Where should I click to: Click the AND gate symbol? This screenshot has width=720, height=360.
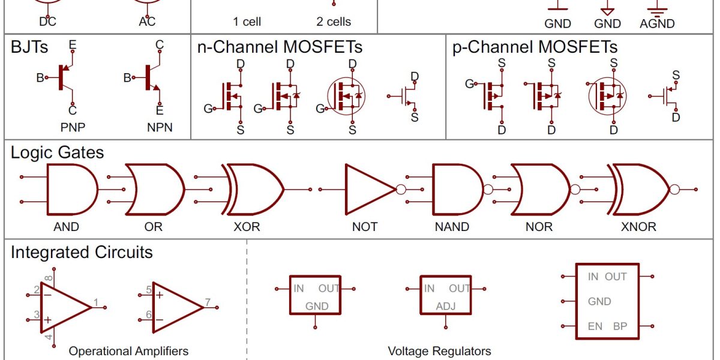click(x=73, y=190)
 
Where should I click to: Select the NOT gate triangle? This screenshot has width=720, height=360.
click(x=370, y=190)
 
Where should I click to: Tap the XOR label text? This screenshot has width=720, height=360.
click(x=247, y=227)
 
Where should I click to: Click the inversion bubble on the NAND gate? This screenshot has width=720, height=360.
click(x=488, y=190)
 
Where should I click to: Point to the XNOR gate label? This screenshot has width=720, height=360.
click(x=638, y=227)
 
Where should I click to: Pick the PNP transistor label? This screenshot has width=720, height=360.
click(x=73, y=128)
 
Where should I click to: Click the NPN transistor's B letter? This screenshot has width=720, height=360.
click(x=127, y=77)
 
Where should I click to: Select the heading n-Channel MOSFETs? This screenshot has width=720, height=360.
click(x=280, y=47)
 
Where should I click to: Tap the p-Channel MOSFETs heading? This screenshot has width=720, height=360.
click(x=535, y=47)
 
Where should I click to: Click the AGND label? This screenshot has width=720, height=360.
click(x=657, y=24)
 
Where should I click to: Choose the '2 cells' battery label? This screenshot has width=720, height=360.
click(x=334, y=22)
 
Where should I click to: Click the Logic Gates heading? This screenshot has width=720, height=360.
click(x=57, y=152)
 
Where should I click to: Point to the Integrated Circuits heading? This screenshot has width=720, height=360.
click(x=82, y=252)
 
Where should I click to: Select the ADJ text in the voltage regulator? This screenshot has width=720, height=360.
click(x=445, y=307)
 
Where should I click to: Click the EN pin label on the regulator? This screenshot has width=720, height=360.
click(x=595, y=326)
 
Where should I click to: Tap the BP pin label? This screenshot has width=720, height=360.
click(x=620, y=326)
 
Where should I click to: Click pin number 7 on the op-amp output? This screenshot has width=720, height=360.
click(x=208, y=302)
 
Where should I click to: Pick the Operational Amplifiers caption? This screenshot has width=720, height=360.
click(x=128, y=351)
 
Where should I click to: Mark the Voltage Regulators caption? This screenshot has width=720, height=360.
click(x=439, y=351)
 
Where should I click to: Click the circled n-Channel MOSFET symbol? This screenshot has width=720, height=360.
click(x=346, y=96)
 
